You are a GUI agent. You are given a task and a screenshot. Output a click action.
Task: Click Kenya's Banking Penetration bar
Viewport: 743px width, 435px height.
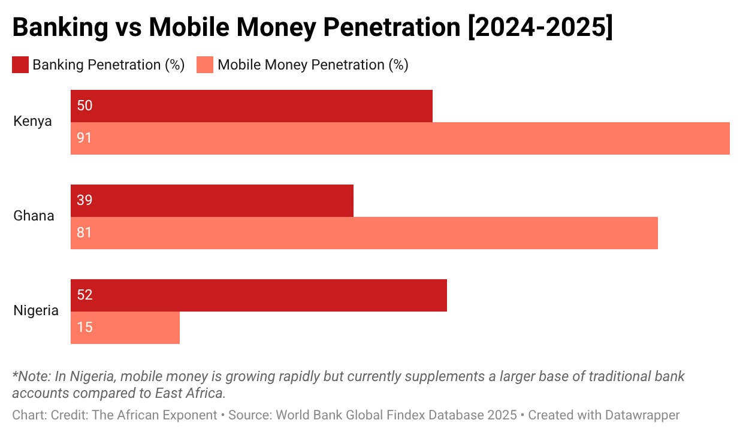[x=252, y=106]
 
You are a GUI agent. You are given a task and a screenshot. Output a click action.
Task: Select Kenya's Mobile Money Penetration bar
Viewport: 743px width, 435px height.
[x=400, y=138]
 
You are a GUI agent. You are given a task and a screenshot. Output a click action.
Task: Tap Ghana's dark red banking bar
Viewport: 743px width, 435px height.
[x=212, y=201]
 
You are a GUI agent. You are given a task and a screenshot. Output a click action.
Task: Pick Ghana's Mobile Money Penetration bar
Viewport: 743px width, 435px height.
[x=364, y=233]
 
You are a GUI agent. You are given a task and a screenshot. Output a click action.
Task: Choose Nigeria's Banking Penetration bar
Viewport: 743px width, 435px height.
[x=259, y=295]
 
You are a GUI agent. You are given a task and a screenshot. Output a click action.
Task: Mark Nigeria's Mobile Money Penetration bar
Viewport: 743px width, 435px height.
[x=125, y=328]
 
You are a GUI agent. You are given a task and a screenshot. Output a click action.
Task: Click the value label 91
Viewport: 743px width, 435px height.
[x=84, y=138]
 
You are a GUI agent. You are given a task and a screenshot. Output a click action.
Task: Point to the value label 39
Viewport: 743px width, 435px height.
[x=84, y=201]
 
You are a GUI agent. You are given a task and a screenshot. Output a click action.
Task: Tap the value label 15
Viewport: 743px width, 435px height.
[x=84, y=328]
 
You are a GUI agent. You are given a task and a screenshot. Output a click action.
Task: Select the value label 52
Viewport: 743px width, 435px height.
[x=84, y=295]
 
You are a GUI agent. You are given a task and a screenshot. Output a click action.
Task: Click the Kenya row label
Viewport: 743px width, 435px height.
[x=32, y=122]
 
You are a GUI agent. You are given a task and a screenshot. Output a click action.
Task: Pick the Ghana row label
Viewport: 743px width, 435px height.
[x=34, y=216]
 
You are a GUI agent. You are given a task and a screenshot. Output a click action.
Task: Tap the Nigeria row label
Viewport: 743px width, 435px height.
[x=36, y=310]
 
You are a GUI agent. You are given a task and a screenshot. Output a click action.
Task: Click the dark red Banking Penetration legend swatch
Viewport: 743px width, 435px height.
[x=20, y=65]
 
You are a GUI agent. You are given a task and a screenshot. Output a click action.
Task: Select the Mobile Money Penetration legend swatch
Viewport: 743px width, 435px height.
[x=205, y=65]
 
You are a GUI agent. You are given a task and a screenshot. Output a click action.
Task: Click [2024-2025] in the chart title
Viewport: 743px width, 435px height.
[x=540, y=28]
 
